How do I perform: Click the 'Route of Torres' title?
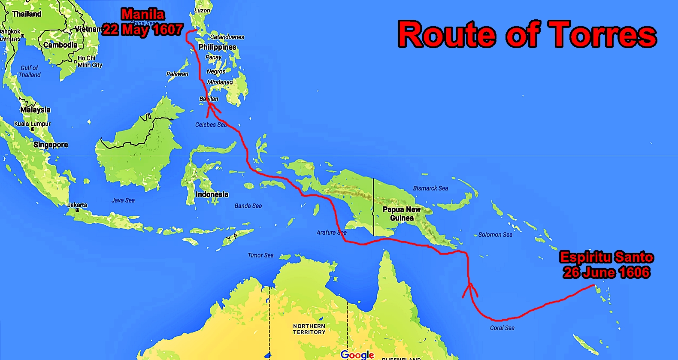point(527,35)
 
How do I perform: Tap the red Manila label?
point(143,15)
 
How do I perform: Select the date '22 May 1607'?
point(143,30)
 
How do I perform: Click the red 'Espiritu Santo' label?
point(606,257)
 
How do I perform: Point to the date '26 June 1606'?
point(606,272)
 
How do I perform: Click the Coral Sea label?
point(502,328)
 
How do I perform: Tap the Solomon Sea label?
point(495,235)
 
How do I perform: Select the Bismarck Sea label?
point(430,188)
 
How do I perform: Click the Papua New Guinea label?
point(402,214)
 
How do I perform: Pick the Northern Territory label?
point(309,329)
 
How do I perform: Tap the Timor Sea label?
point(260,255)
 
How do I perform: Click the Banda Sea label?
point(248,206)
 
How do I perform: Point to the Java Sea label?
point(123,200)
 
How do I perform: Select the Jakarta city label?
point(77,205)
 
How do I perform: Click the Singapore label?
point(51,145)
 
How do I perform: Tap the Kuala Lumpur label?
point(32,124)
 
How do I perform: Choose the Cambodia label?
point(61,45)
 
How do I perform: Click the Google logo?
point(357,354)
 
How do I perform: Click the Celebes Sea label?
point(211,125)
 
